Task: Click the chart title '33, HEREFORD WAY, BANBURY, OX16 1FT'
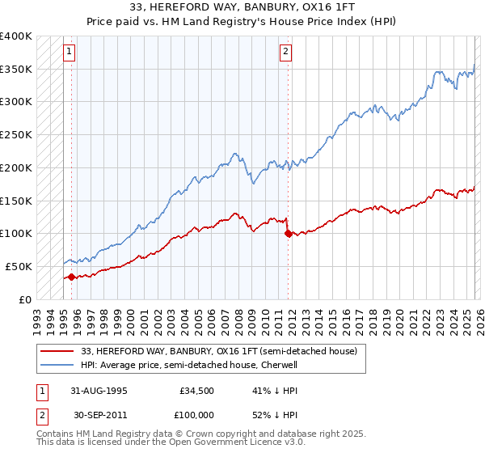point(242,6)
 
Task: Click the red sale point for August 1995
point(72,277)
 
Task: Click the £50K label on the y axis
point(16,266)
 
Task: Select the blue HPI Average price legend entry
point(200,365)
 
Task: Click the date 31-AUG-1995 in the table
point(98,390)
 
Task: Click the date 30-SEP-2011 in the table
point(98,414)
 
